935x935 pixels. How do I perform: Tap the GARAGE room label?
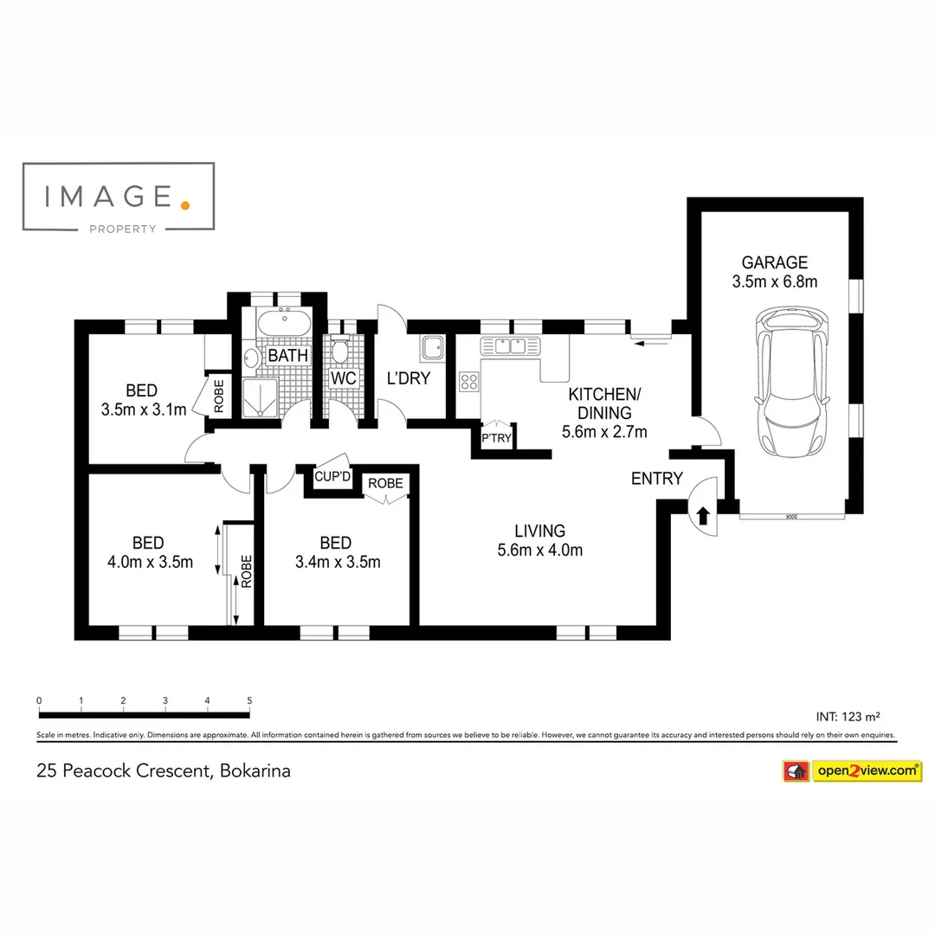774,262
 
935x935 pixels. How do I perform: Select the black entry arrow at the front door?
703,516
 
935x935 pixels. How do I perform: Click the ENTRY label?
657,479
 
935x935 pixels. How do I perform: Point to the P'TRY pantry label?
496,439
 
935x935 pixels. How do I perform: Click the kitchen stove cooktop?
469,382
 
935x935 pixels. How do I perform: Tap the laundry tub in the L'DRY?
431,349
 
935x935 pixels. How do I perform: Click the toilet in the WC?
340,351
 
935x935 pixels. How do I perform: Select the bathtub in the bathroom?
282,323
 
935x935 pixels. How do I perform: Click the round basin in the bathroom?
251,358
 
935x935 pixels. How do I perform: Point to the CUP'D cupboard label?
332,477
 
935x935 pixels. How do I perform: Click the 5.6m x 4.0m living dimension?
539,550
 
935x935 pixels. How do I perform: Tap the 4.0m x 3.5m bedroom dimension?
150,562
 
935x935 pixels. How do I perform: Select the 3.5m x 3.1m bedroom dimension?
144,409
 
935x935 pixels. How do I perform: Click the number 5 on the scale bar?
249,700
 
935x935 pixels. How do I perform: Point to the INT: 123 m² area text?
848,717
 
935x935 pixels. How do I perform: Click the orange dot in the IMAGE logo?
184,204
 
